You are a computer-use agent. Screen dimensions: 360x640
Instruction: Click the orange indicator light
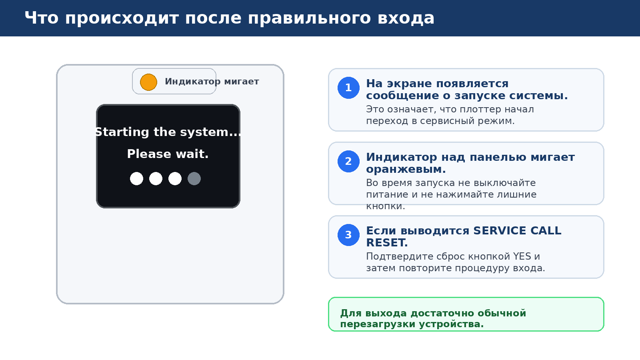click(x=148, y=82)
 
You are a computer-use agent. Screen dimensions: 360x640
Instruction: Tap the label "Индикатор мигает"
click(x=212, y=82)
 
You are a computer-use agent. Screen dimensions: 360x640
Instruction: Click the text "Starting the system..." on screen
click(x=168, y=132)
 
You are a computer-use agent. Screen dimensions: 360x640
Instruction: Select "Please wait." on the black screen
click(x=168, y=154)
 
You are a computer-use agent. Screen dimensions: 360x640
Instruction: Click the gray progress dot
click(x=194, y=178)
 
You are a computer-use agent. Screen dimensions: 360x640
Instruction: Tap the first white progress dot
click(x=136, y=178)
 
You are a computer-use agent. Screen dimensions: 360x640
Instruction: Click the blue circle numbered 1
click(x=348, y=88)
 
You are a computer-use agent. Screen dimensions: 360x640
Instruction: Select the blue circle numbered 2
click(x=348, y=161)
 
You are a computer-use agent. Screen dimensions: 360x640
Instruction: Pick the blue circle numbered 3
click(x=348, y=235)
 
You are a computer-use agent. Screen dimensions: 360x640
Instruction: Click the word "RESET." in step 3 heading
click(x=387, y=243)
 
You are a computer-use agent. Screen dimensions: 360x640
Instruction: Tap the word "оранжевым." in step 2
click(x=406, y=169)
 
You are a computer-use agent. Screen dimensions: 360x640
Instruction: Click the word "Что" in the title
click(x=42, y=18)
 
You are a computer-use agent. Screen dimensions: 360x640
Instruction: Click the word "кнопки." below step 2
click(x=386, y=206)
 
